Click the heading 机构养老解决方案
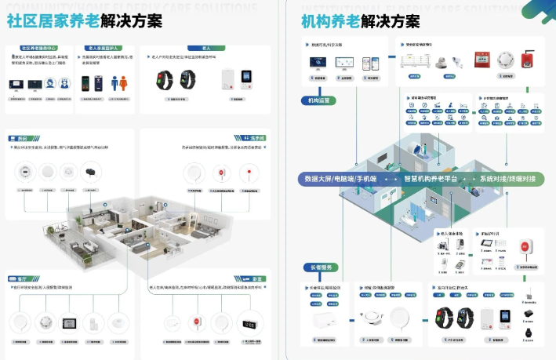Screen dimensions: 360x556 [360, 20]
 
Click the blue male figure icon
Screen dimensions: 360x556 [115, 82]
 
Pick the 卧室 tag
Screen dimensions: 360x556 [256, 278]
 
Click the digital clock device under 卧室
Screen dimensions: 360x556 [250, 322]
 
